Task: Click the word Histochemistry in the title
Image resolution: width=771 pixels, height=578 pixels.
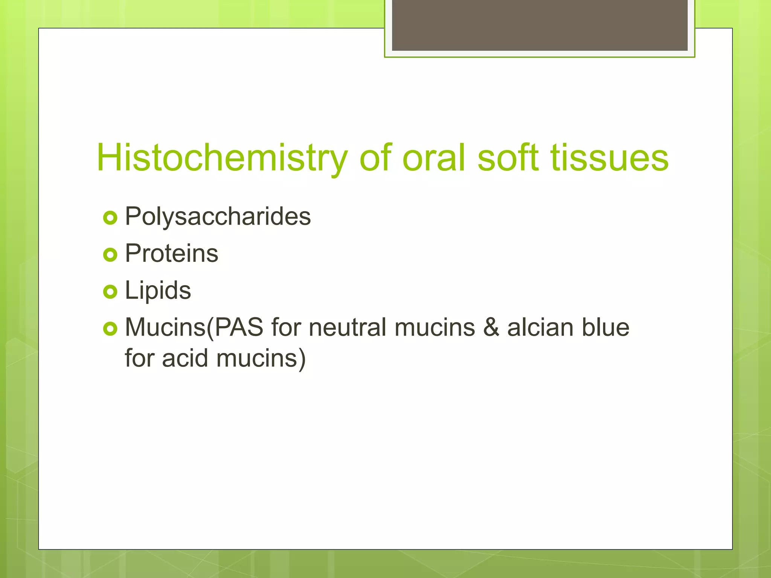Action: click(x=222, y=158)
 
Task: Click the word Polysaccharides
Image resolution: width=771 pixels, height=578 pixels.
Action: click(x=218, y=217)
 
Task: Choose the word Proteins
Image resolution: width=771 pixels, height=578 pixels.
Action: click(x=171, y=253)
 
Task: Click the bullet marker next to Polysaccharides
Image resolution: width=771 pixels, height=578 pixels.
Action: click(x=110, y=218)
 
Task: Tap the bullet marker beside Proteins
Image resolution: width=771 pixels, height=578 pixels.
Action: click(x=110, y=255)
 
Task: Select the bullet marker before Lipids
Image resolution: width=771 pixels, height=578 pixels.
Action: click(x=110, y=292)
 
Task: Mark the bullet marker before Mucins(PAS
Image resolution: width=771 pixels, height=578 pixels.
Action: click(x=110, y=329)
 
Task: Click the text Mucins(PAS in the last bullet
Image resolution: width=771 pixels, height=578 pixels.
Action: click(x=194, y=327)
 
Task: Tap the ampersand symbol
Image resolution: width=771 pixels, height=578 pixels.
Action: click(x=491, y=327)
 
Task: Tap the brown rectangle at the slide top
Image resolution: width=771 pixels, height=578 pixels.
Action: click(x=539, y=25)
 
